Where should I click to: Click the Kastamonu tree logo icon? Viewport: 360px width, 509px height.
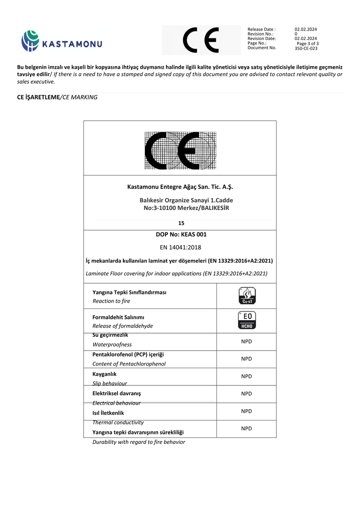point(30,41)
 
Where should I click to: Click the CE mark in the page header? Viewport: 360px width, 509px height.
point(201,40)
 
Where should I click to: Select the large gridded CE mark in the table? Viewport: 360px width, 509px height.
point(180,150)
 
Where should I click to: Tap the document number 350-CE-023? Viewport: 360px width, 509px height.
point(306,48)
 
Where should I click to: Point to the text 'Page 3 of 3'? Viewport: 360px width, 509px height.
point(308,44)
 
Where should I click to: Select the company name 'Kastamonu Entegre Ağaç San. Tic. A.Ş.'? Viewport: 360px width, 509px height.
point(180,187)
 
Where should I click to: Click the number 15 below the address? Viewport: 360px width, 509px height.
point(181,223)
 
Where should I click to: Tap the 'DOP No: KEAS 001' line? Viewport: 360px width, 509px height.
point(180,234)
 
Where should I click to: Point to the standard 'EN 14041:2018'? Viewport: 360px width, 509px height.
point(180,247)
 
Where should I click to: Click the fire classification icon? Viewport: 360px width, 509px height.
point(246,295)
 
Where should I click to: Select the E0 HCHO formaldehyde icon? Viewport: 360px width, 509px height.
point(246,320)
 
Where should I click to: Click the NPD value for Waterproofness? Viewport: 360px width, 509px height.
point(246,342)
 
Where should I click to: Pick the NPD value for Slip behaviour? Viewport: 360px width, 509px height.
point(246,376)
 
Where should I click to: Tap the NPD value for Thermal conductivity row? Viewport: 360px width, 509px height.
point(246,411)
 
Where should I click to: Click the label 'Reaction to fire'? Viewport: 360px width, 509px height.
point(111,301)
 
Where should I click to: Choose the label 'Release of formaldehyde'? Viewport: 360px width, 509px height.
point(122,326)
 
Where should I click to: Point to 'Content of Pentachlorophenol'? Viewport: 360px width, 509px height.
point(129,364)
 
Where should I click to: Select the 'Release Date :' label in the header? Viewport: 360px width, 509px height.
point(261,29)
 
